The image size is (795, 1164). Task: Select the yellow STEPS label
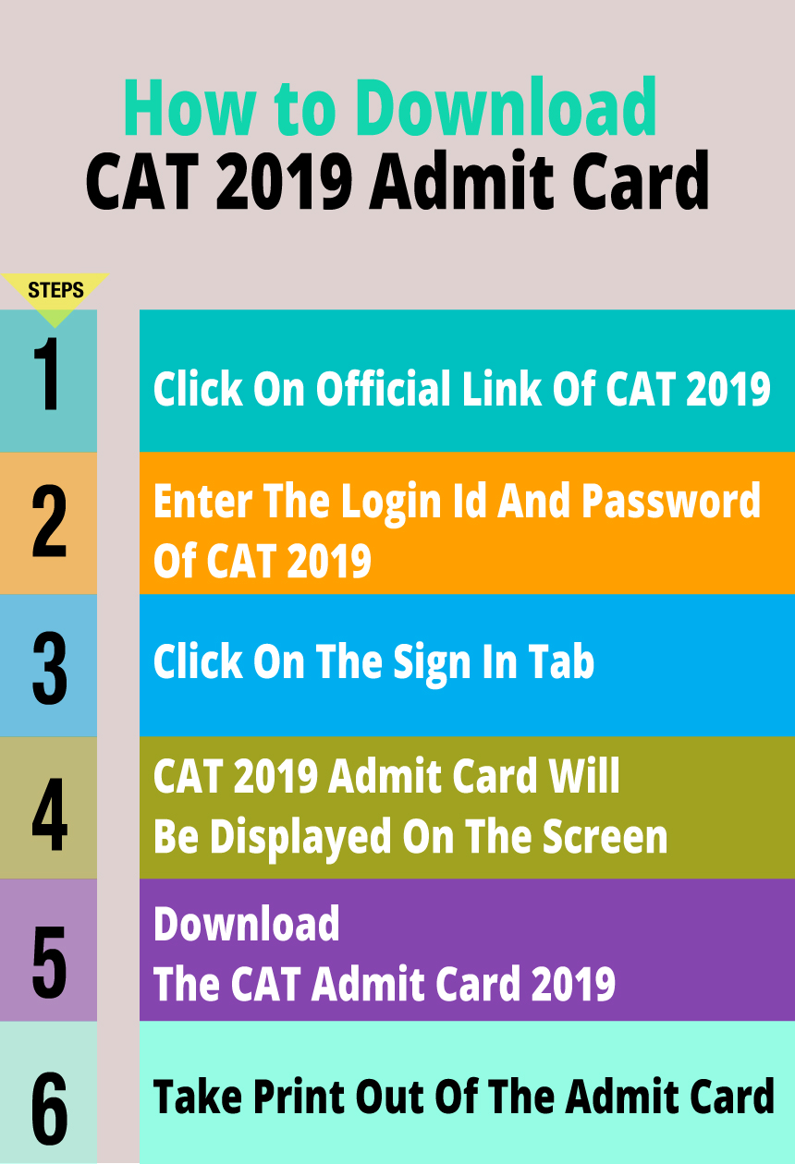[x=55, y=290]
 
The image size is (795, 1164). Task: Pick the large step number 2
[x=49, y=523]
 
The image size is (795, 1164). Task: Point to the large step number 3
[x=49, y=665]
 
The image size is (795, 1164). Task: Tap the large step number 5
[x=49, y=951]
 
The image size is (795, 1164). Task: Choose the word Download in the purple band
[x=247, y=924]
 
